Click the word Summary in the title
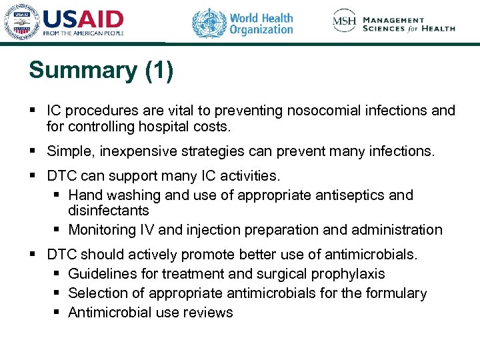[x=83, y=71]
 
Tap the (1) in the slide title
[x=159, y=71]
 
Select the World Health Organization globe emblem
[x=209, y=23]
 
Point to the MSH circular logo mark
[x=345, y=21]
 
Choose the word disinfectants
[x=109, y=211]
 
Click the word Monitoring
[x=103, y=230]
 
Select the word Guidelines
[x=101, y=274]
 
